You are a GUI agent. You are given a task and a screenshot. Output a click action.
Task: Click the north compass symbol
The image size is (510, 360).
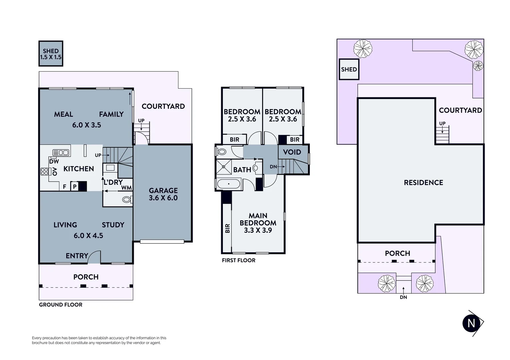[x=472, y=323]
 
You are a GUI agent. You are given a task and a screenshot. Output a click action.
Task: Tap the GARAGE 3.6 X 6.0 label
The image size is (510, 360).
[x=163, y=194]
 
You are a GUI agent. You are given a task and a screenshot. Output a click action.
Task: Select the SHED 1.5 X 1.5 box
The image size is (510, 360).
[x=51, y=54]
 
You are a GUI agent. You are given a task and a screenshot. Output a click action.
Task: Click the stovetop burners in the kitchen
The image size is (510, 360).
[x=44, y=172]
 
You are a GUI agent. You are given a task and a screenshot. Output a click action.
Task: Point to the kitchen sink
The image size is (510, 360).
[x=61, y=153]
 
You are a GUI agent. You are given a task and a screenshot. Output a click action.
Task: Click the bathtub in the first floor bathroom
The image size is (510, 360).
[x=228, y=184]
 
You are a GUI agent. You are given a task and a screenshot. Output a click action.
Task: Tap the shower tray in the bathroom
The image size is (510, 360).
[x=224, y=167]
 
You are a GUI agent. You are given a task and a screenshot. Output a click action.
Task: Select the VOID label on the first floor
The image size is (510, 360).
[x=292, y=152]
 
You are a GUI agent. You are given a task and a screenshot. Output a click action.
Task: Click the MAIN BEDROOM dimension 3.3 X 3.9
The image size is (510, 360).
[x=258, y=230]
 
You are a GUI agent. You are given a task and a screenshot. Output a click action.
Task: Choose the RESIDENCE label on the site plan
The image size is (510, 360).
[x=423, y=183]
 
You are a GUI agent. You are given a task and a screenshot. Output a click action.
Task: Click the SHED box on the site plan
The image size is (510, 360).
[x=349, y=69]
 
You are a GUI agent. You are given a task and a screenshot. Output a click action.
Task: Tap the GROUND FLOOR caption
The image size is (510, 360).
[x=61, y=305]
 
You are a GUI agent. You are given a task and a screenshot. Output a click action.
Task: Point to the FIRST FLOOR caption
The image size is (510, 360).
[x=238, y=260]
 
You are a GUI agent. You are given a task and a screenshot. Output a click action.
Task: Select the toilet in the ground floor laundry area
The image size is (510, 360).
[x=127, y=200]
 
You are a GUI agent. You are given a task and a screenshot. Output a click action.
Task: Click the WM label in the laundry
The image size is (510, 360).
[x=126, y=188]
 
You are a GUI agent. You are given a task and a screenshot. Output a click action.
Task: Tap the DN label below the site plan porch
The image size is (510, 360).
[x=403, y=297]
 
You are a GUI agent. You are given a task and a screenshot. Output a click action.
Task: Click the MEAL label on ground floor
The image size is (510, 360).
[x=63, y=114]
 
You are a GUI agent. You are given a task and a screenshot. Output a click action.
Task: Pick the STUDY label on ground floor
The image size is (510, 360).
[x=113, y=225]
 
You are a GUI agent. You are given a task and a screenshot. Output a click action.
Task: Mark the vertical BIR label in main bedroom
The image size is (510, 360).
[x=227, y=228]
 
